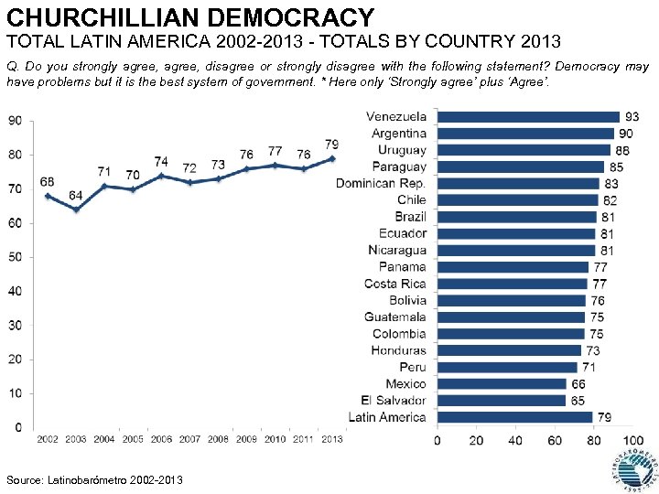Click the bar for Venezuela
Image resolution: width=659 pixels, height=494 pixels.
[x=528, y=116]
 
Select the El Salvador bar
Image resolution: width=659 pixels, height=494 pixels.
[x=501, y=401]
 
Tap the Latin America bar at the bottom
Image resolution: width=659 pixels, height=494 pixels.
[x=514, y=417]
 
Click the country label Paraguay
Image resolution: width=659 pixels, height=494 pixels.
[x=399, y=166]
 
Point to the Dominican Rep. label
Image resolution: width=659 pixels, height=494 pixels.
[x=381, y=183]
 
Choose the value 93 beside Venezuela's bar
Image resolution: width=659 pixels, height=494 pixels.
[x=632, y=117]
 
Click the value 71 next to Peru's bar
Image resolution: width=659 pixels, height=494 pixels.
[x=589, y=367]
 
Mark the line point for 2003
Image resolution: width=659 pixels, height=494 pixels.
[x=76, y=209]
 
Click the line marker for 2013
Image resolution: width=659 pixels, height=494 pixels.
[x=332, y=158]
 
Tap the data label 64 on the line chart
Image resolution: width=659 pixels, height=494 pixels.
[x=76, y=196]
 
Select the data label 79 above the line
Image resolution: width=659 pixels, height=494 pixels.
[x=332, y=144]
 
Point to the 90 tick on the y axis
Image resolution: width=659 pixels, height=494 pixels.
[x=16, y=121]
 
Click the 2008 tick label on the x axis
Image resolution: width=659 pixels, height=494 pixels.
[x=218, y=440]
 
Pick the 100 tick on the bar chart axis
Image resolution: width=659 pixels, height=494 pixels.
[x=633, y=440]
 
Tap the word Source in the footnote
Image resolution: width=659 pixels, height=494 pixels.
[x=23, y=480]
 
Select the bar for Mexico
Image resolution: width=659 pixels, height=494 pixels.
[x=502, y=384]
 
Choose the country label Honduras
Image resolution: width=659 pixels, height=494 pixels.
[x=398, y=350]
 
